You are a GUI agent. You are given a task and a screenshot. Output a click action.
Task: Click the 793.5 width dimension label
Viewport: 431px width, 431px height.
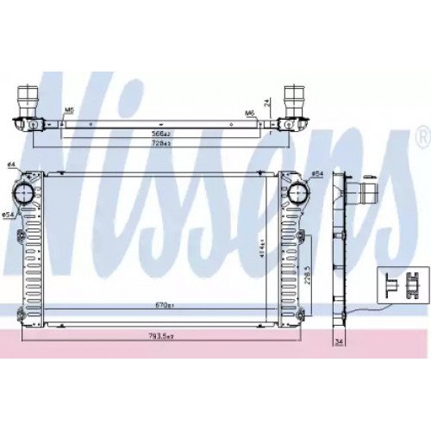click(159, 337)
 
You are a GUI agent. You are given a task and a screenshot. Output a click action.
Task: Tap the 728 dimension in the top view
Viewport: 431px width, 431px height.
click(159, 142)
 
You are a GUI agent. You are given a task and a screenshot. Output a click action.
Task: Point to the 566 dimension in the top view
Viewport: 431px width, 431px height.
click(159, 133)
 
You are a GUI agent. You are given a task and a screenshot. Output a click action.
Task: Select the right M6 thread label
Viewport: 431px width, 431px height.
click(249, 112)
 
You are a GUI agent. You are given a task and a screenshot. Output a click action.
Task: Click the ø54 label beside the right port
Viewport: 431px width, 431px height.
click(316, 174)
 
